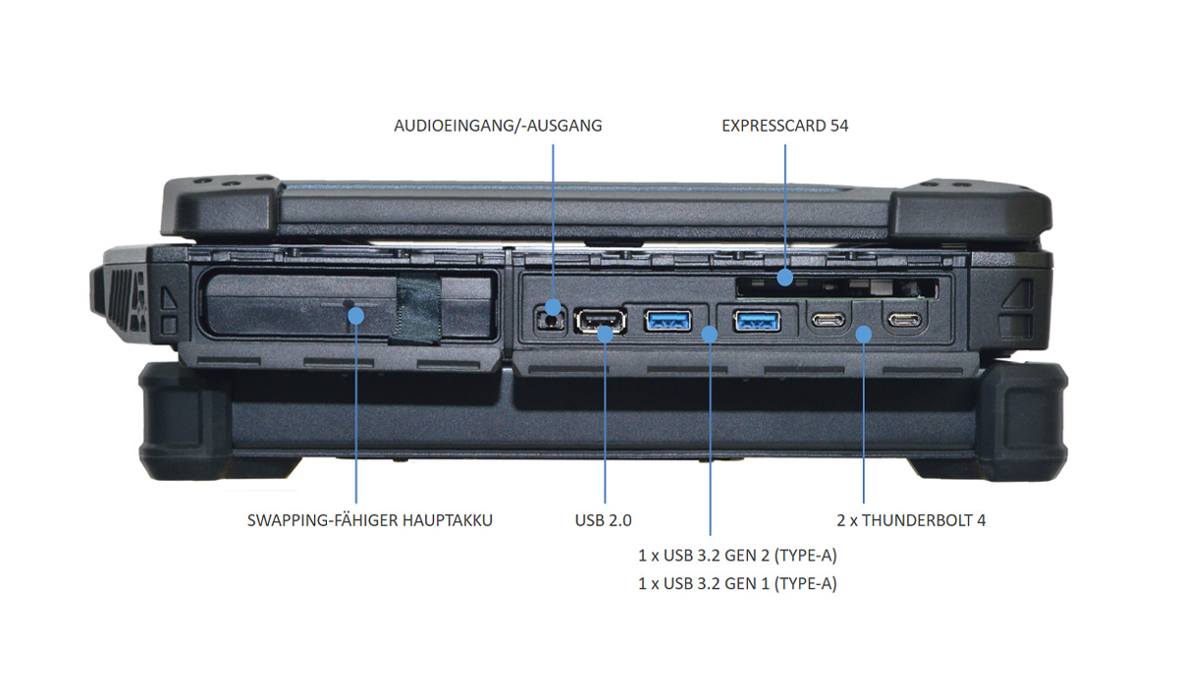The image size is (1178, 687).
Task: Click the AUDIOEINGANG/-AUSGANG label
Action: [498, 126]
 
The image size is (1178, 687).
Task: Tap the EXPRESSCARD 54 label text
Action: [784, 126]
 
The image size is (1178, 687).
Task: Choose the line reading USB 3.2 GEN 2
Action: [737, 555]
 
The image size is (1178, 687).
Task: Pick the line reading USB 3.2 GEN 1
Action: [737, 584]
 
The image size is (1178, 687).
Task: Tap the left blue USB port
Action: [669, 319]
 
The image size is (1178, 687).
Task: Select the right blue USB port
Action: [758, 319]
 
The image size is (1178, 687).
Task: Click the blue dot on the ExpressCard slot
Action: [784, 279]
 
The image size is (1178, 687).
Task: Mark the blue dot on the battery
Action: [355, 315]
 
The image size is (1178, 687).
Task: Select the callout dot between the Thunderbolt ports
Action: [864, 335]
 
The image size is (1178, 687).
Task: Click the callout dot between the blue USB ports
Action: [710, 335]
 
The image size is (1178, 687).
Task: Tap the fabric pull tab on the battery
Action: [414, 309]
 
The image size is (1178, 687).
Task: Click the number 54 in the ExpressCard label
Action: [837, 126]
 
